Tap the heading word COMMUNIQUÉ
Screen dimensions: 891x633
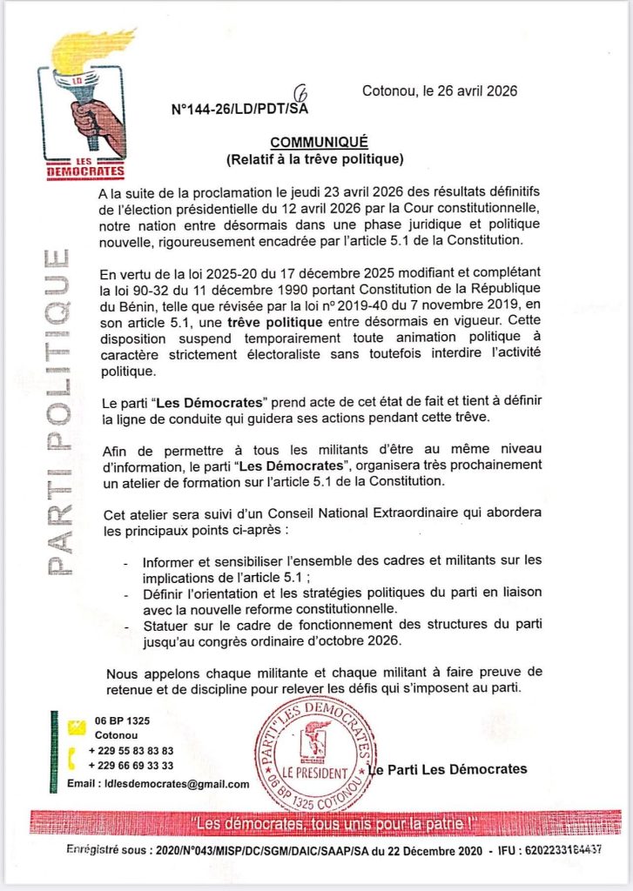point(319,142)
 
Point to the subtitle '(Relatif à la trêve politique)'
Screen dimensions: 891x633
point(318,159)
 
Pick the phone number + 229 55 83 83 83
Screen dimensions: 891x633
point(131,750)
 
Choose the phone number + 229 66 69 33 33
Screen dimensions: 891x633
point(131,765)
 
